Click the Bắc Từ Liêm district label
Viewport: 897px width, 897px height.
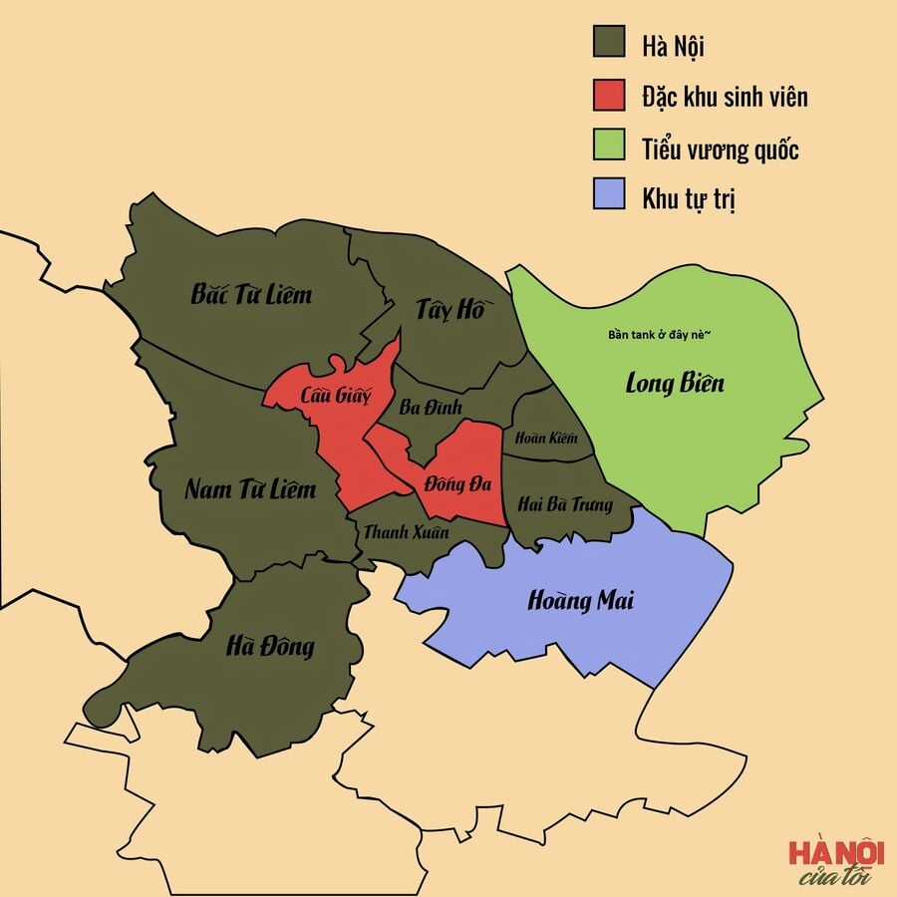(x=251, y=294)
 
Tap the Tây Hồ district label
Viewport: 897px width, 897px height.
(x=449, y=309)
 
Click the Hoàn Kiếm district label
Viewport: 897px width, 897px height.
(x=539, y=438)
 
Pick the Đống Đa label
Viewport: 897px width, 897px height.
(x=457, y=484)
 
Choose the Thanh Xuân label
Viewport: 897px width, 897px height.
(x=405, y=532)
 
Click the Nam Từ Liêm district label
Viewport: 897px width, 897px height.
(x=250, y=489)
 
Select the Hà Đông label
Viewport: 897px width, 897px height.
(x=270, y=647)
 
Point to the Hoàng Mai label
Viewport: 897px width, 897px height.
(x=580, y=601)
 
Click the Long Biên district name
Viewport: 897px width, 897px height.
(x=675, y=382)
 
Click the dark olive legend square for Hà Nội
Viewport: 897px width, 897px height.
(x=608, y=44)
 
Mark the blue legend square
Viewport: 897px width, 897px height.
(x=608, y=196)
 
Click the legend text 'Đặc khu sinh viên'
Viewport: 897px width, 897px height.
(x=725, y=96)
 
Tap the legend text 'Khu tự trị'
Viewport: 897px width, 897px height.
(x=690, y=197)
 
